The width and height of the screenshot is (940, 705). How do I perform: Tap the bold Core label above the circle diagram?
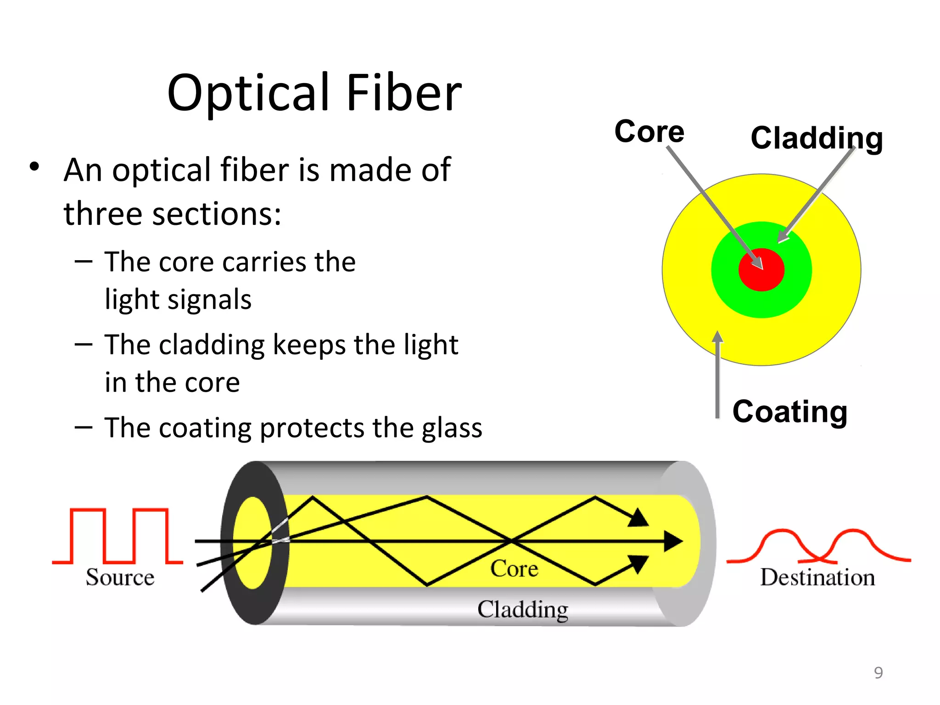tap(649, 132)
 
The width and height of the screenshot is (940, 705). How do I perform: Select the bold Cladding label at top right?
tap(817, 138)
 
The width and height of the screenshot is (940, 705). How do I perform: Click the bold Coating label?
tap(789, 411)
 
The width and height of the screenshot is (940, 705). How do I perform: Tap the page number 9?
tap(878, 672)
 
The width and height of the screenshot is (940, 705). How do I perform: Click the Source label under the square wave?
tap(120, 577)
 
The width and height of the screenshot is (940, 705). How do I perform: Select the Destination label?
tap(817, 577)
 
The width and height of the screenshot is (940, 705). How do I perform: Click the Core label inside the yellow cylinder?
tap(514, 569)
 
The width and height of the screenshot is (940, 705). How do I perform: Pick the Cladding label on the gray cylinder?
tap(523, 610)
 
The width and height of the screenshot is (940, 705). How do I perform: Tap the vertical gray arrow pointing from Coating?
tap(717, 376)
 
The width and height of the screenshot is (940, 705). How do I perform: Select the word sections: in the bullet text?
tap(217, 214)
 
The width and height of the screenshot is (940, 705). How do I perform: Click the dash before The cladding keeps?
tap(84, 345)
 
